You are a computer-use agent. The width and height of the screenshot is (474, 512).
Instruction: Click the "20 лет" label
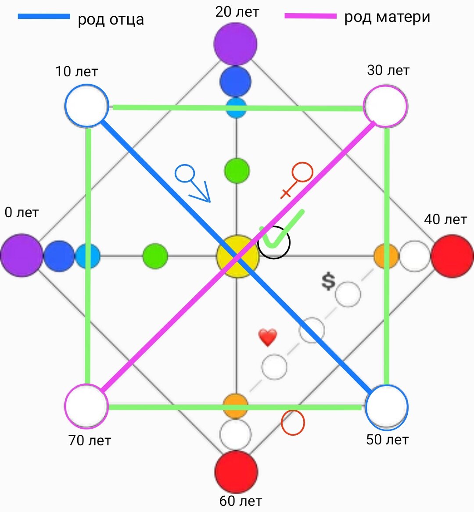tap(237, 12)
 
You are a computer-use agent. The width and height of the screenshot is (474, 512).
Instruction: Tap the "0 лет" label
tap(22, 213)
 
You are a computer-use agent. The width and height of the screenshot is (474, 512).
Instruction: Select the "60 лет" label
tap(241, 501)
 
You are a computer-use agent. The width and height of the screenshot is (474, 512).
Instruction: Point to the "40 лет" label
tap(445, 219)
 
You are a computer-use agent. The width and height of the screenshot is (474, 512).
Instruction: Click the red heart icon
tap(268, 338)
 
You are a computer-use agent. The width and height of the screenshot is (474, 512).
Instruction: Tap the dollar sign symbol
tap(328, 281)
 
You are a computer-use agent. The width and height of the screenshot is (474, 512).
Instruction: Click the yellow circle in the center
tap(237, 257)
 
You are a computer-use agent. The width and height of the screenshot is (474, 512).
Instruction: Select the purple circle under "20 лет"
tap(235, 43)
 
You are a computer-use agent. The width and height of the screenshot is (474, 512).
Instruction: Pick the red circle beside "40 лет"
tap(452, 256)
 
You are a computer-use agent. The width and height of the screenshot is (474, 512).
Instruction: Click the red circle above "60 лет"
tap(236, 472)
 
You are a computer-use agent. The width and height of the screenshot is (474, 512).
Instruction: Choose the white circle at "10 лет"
tap(86, 106)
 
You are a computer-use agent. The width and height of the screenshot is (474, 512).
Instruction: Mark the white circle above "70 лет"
tap(86, 406)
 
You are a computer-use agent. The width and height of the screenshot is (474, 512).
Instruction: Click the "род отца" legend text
tap(111, 19)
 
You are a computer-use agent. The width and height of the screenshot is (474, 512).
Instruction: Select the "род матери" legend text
tap(387, 17)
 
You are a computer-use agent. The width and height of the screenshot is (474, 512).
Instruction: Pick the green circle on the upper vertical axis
tap(237, 171)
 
